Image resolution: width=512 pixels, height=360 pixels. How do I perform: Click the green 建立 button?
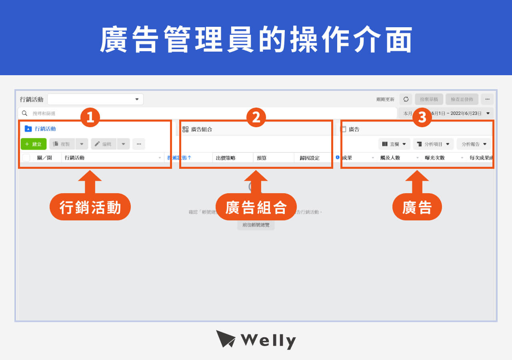[x=34, y=144]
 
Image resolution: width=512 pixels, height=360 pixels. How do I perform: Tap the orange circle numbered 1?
[x=90, y=117]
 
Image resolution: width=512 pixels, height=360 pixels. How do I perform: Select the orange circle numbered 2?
[x=256, y=117]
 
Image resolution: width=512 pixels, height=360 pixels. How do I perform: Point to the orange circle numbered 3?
[x=422, y=117]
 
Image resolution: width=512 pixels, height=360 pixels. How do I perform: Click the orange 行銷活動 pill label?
[x=90, y=207]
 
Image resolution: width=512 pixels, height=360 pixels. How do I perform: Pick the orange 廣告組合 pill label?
[x=256, y=207]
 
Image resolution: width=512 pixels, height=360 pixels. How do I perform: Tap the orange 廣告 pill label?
[x=417, y=207]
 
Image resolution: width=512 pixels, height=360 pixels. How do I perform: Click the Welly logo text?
[x=268, y=340]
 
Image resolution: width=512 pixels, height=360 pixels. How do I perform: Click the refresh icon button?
[x=406, y=99]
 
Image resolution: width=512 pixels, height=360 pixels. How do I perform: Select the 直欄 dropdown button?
[x=394, y=144]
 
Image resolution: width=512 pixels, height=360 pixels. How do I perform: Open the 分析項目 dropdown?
[x=433, y=144]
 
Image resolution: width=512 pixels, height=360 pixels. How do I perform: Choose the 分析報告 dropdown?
[x=474, y=144]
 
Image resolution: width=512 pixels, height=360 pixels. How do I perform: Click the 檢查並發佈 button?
[x=462, y=99]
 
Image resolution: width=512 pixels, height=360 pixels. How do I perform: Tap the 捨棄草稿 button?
[x=429, y=99]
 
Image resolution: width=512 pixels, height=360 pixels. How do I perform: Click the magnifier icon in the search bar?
[x=25, y=113]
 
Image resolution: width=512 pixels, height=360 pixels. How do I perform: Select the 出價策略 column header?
[x=226, y=158]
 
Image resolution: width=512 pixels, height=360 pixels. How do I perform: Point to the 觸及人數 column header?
[x=390, y=158]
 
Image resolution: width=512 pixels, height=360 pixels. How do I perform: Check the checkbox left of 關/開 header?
[x=26, y=158]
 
